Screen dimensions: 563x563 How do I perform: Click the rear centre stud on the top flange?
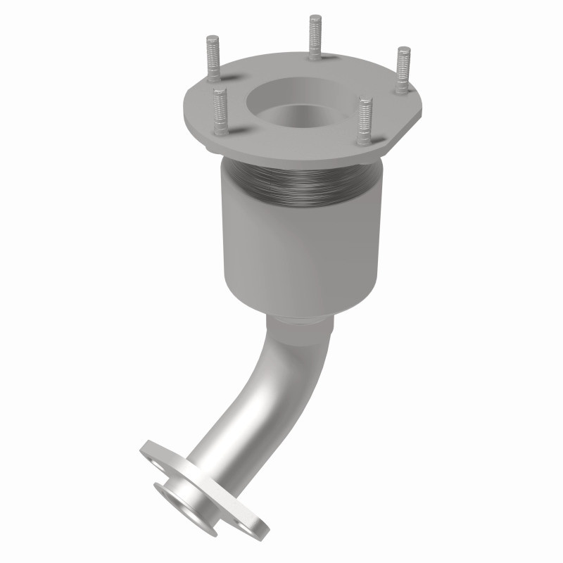click(x=314, y=39)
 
